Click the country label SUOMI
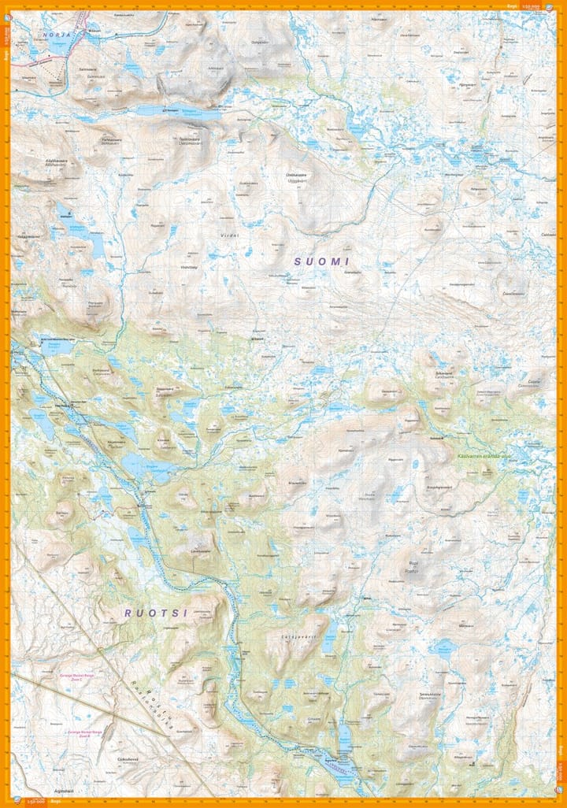(x=321, y=261)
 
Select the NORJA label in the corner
(x=57, y=35)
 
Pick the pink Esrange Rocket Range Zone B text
(x=86, y=732)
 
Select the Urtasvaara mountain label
(x=296, y=175)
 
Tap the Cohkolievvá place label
(x=128, y=760)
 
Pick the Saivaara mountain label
(x=163, y=391)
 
